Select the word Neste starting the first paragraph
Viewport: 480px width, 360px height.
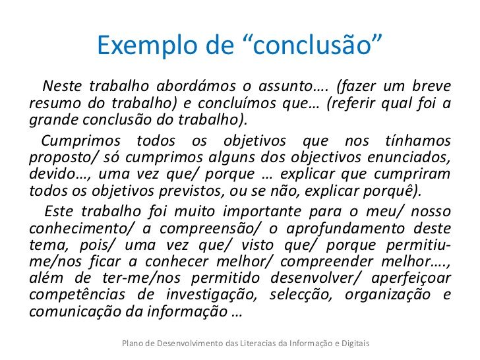pos(61,87)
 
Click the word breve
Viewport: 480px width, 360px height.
pos(431,87)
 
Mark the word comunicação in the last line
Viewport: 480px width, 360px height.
pos(68,311)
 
